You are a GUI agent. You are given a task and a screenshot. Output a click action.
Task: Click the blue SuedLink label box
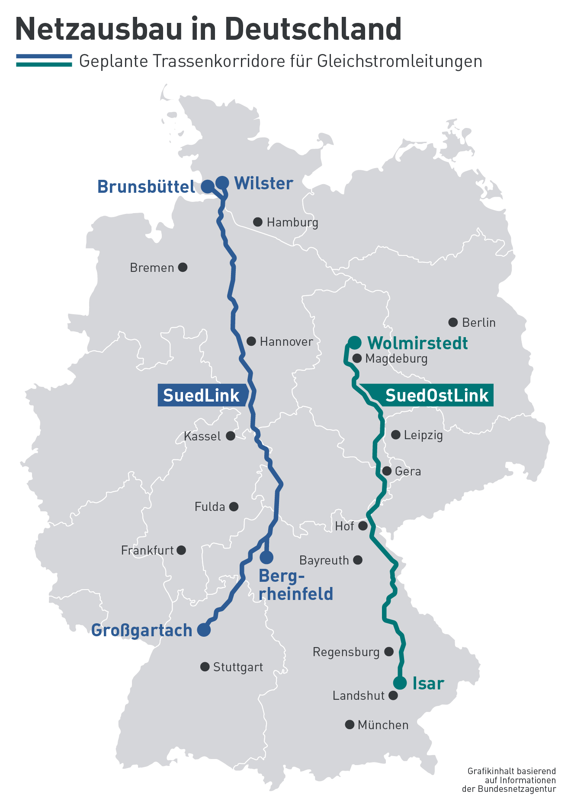202,395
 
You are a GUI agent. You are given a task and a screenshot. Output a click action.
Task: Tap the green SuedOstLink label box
433,395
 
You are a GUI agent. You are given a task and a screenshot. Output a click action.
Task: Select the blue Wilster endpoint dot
222,183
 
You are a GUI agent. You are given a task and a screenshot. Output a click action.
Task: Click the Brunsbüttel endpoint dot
208,187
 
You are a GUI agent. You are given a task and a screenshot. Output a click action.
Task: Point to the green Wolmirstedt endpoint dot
355,342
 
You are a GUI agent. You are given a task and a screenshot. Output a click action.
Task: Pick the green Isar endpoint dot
400,683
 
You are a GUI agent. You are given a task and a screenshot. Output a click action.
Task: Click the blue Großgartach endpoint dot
204,630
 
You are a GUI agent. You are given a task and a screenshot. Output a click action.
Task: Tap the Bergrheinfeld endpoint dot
267,558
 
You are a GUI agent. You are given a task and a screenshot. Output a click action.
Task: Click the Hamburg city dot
257,222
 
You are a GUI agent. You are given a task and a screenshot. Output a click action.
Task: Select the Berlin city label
478,322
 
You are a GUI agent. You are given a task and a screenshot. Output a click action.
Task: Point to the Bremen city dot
183,267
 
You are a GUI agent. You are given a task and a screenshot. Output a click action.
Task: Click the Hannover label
286,342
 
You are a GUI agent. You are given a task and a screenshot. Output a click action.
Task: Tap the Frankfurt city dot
182,550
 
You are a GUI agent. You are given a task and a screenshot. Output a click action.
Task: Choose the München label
383,725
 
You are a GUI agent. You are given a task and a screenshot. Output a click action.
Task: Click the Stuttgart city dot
205,667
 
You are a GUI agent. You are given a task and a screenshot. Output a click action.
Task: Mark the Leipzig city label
423,435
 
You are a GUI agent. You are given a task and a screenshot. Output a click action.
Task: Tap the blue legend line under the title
44,56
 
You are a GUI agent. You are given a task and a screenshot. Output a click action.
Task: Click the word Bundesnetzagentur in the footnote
517,789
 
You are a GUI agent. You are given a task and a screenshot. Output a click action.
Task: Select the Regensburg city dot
389,651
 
